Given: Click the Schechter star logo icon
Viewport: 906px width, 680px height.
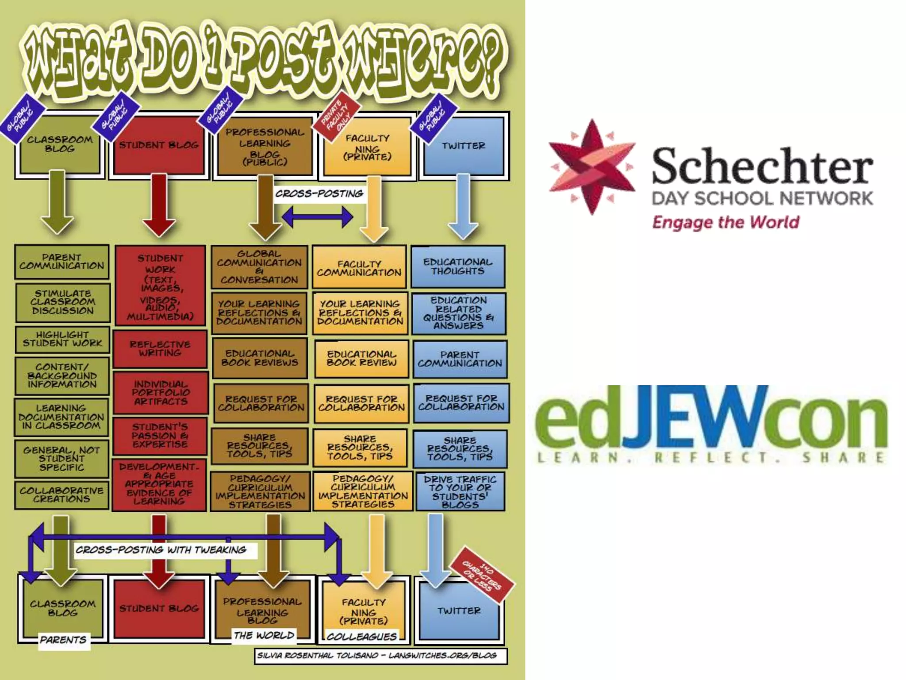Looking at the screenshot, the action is [592, 167].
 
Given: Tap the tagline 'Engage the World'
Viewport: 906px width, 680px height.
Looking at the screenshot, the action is [726, 222].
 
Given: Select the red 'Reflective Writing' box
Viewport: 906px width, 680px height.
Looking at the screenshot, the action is [160, 348].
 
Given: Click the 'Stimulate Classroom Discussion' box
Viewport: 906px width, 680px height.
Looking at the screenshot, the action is [63, 302].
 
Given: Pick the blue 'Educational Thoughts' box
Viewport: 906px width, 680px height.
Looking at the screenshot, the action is [458, 267].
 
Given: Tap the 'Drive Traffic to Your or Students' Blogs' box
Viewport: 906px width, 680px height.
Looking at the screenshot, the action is [460, 492].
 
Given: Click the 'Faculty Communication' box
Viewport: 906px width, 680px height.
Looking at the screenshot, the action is [359, 268].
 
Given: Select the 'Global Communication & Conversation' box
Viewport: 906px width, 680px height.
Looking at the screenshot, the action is [259, 267].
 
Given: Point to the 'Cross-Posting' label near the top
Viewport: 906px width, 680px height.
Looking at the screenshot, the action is [319, 194].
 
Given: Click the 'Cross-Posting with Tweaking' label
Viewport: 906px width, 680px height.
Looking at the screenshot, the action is [161, 550].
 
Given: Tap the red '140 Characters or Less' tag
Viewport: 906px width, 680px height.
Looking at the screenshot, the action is [482, 575].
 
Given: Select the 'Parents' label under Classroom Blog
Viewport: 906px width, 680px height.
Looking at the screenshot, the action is [63, 640].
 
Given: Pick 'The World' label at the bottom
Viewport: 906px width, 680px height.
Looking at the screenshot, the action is [264, 635].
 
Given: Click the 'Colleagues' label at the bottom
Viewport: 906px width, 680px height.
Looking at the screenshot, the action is [362, 637].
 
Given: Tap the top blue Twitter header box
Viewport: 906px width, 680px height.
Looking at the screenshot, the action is [464, 146].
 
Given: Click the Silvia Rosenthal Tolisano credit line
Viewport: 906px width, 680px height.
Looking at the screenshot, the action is [377, 655].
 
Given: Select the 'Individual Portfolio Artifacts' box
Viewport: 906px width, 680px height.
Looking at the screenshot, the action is [161, 393].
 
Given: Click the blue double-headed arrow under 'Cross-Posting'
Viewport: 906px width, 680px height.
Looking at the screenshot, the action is [318, 217].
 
